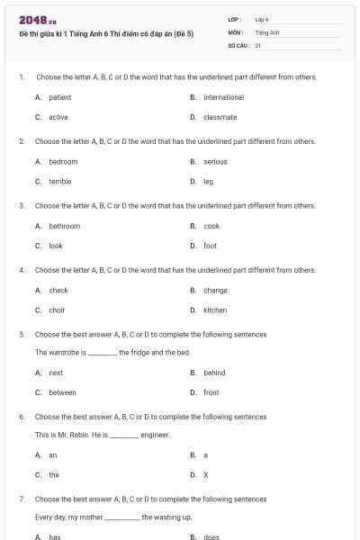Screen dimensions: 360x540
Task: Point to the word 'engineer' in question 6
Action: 155,435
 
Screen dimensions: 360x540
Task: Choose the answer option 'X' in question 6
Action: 206,474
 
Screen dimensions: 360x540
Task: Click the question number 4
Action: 21,270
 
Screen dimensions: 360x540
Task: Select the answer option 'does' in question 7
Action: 211,537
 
